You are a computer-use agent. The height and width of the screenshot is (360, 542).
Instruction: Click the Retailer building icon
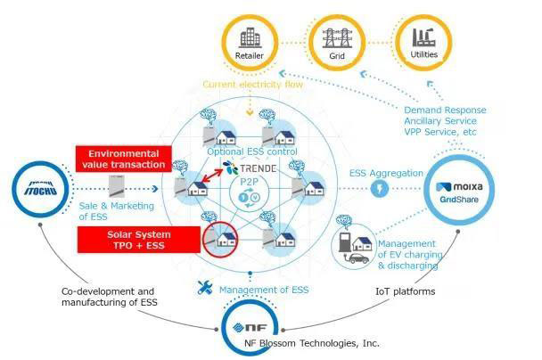pos(250,40)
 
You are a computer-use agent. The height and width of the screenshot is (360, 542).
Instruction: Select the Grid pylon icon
pos(337,40)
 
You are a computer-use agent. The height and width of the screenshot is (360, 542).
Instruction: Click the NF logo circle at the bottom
pos(243,326)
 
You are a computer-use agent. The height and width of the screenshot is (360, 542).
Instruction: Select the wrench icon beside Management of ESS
pos(206,287)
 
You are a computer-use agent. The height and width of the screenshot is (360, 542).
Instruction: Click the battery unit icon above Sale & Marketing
pos(117,187)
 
